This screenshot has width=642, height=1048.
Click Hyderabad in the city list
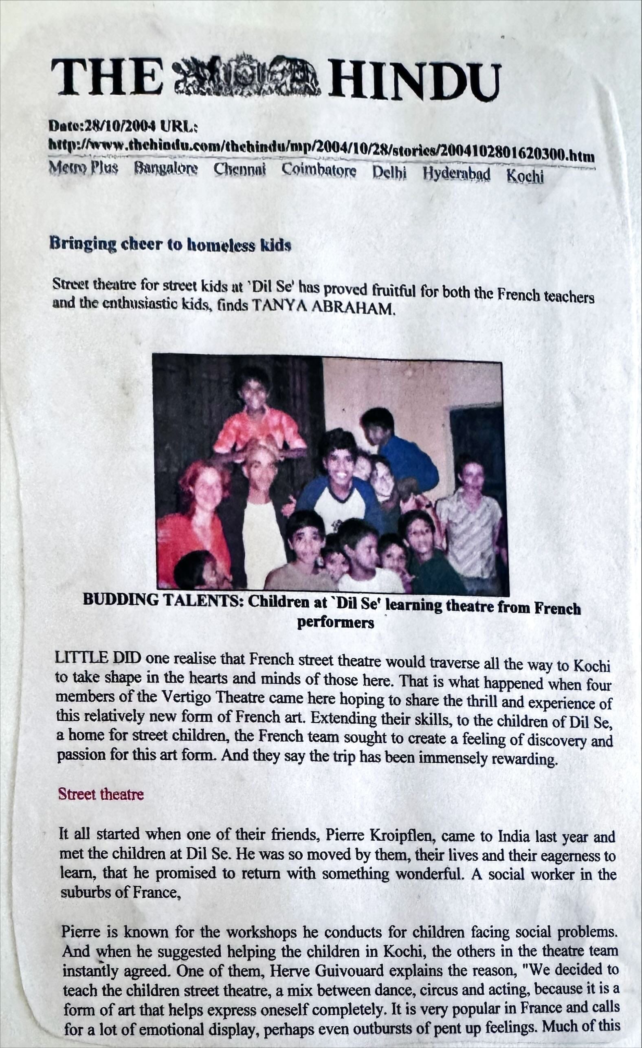456,174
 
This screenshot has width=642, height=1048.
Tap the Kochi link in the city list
525,176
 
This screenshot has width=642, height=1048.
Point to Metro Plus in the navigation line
84,167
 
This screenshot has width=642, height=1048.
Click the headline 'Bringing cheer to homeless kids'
170,244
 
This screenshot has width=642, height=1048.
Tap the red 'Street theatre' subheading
101,794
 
